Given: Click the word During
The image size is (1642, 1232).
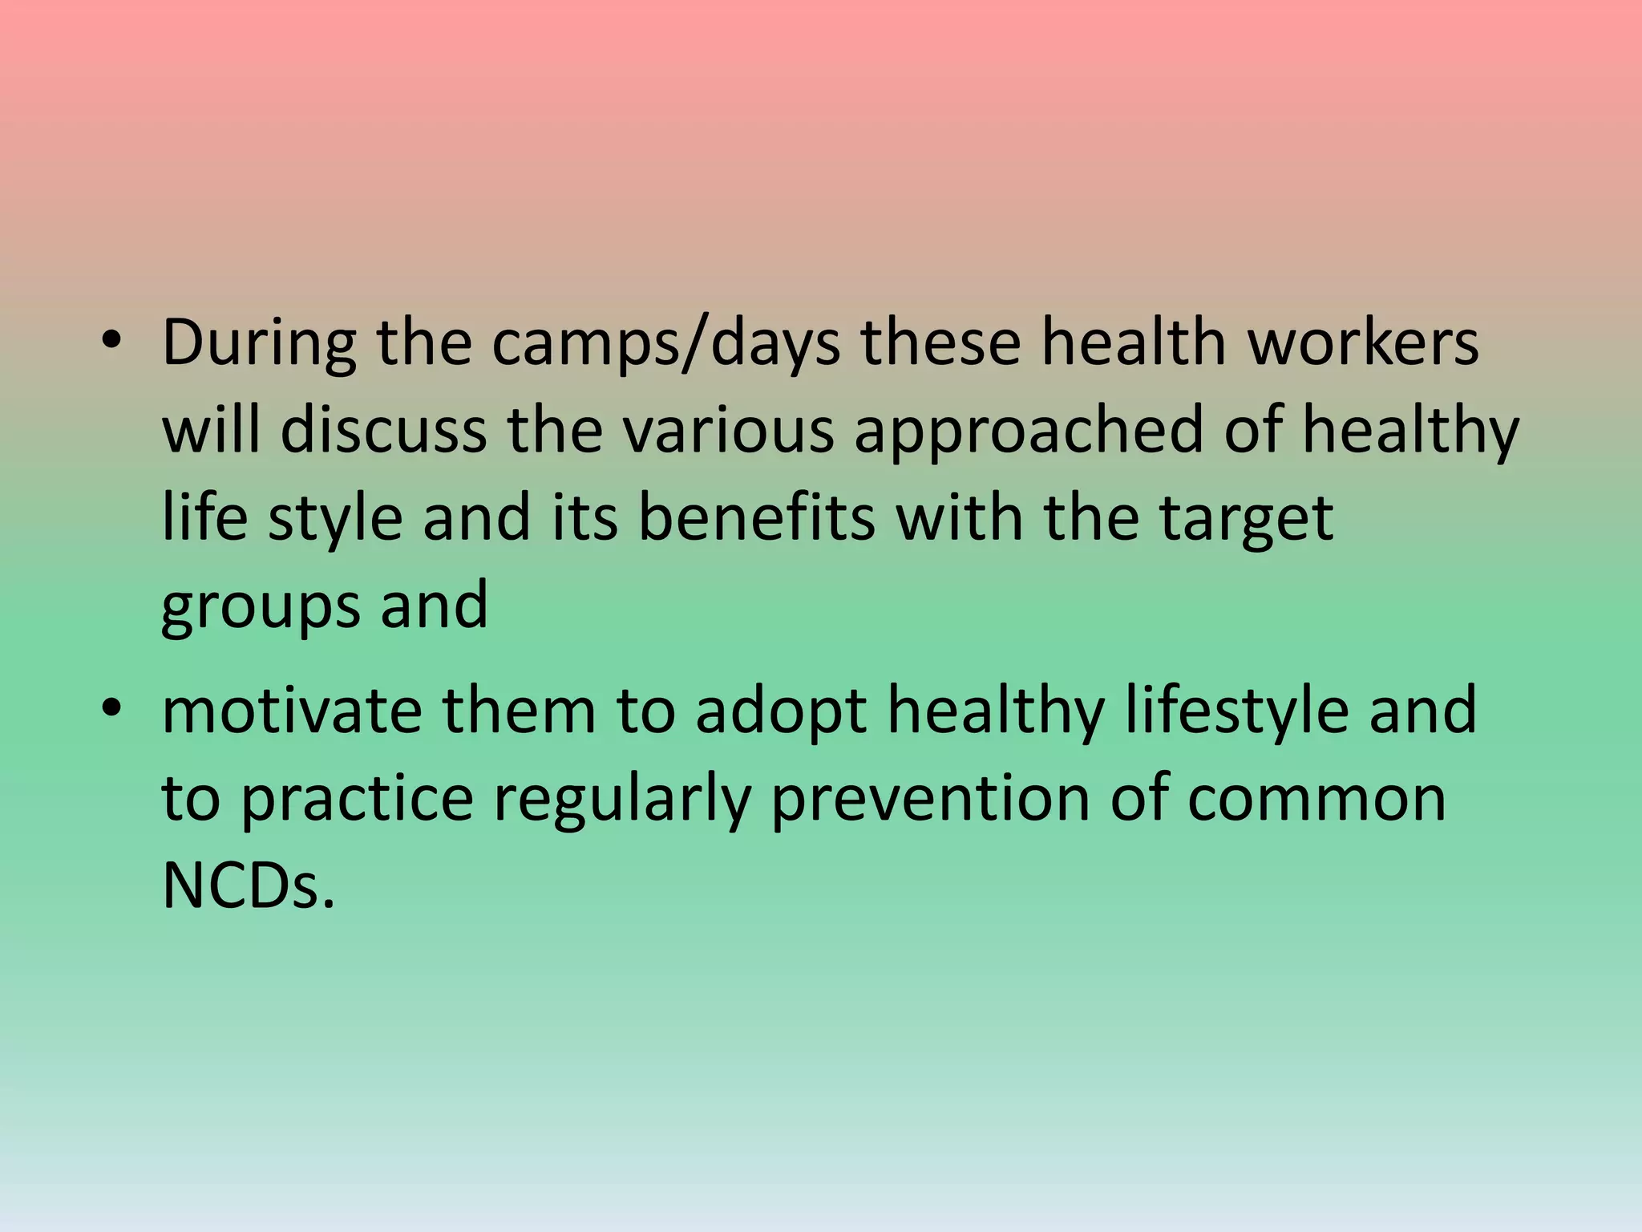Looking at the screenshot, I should coord(258,343).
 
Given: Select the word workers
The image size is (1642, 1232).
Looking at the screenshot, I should coord(1363,343).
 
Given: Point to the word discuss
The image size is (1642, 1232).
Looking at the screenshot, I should coord(383,431).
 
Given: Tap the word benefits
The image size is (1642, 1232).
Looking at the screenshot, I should coord(756,518).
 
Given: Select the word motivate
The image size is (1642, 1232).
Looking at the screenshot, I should coord(292,711).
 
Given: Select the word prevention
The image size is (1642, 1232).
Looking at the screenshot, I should coord(930,800).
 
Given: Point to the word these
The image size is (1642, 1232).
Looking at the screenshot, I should coord(940,343).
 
